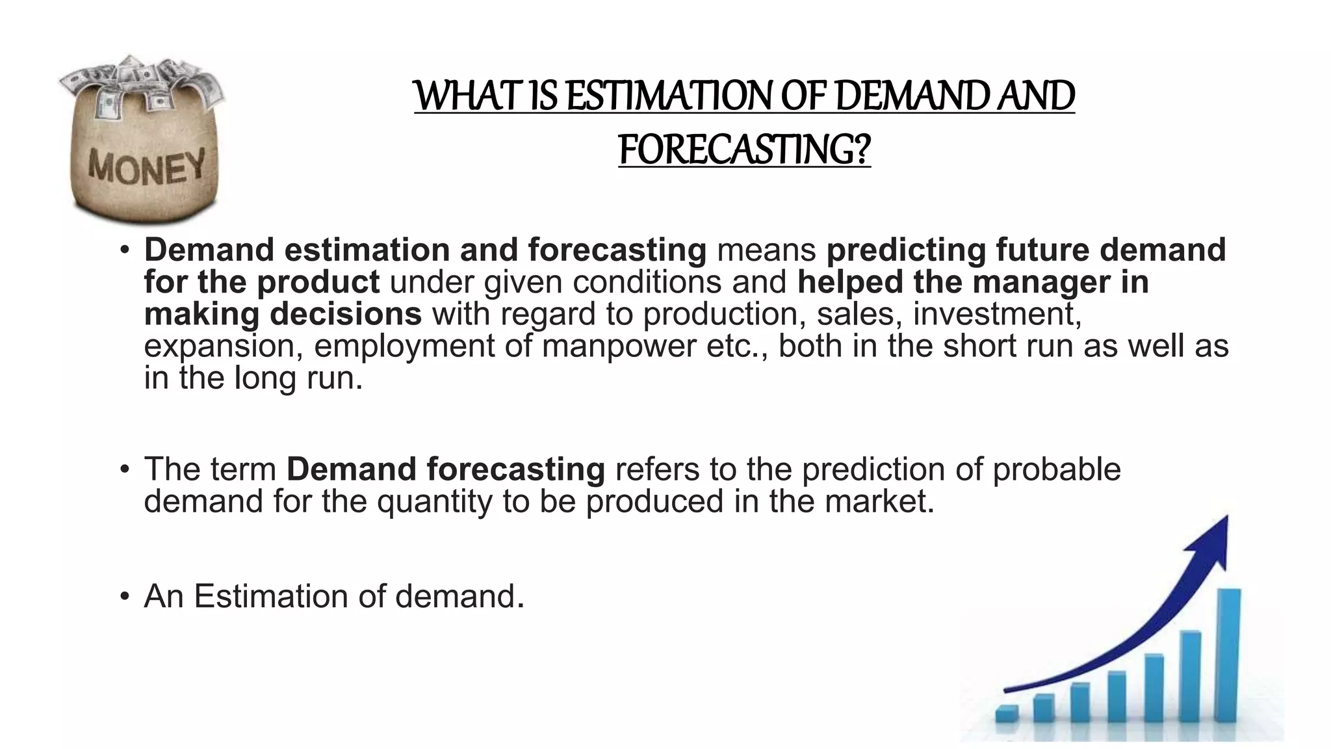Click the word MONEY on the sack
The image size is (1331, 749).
146,167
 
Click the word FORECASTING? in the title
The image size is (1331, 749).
744,150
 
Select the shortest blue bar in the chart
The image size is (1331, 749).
1007,713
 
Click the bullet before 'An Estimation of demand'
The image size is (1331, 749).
124,597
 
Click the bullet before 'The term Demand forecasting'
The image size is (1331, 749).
124,469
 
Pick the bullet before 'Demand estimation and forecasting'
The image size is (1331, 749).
124,250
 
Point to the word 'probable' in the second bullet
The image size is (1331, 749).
1057,469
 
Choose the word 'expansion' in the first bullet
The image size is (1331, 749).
219,346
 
